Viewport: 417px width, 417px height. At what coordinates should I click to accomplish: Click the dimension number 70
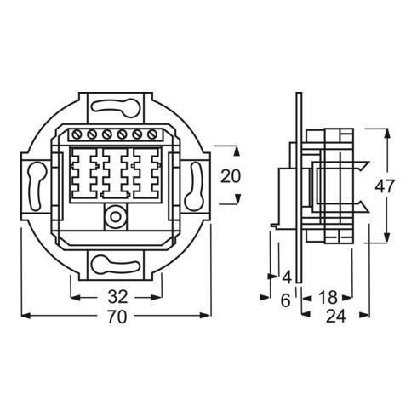[117, 317]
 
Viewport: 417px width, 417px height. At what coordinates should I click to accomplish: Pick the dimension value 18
[328, 297]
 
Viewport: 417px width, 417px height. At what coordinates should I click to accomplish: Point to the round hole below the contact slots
[112, 215]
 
